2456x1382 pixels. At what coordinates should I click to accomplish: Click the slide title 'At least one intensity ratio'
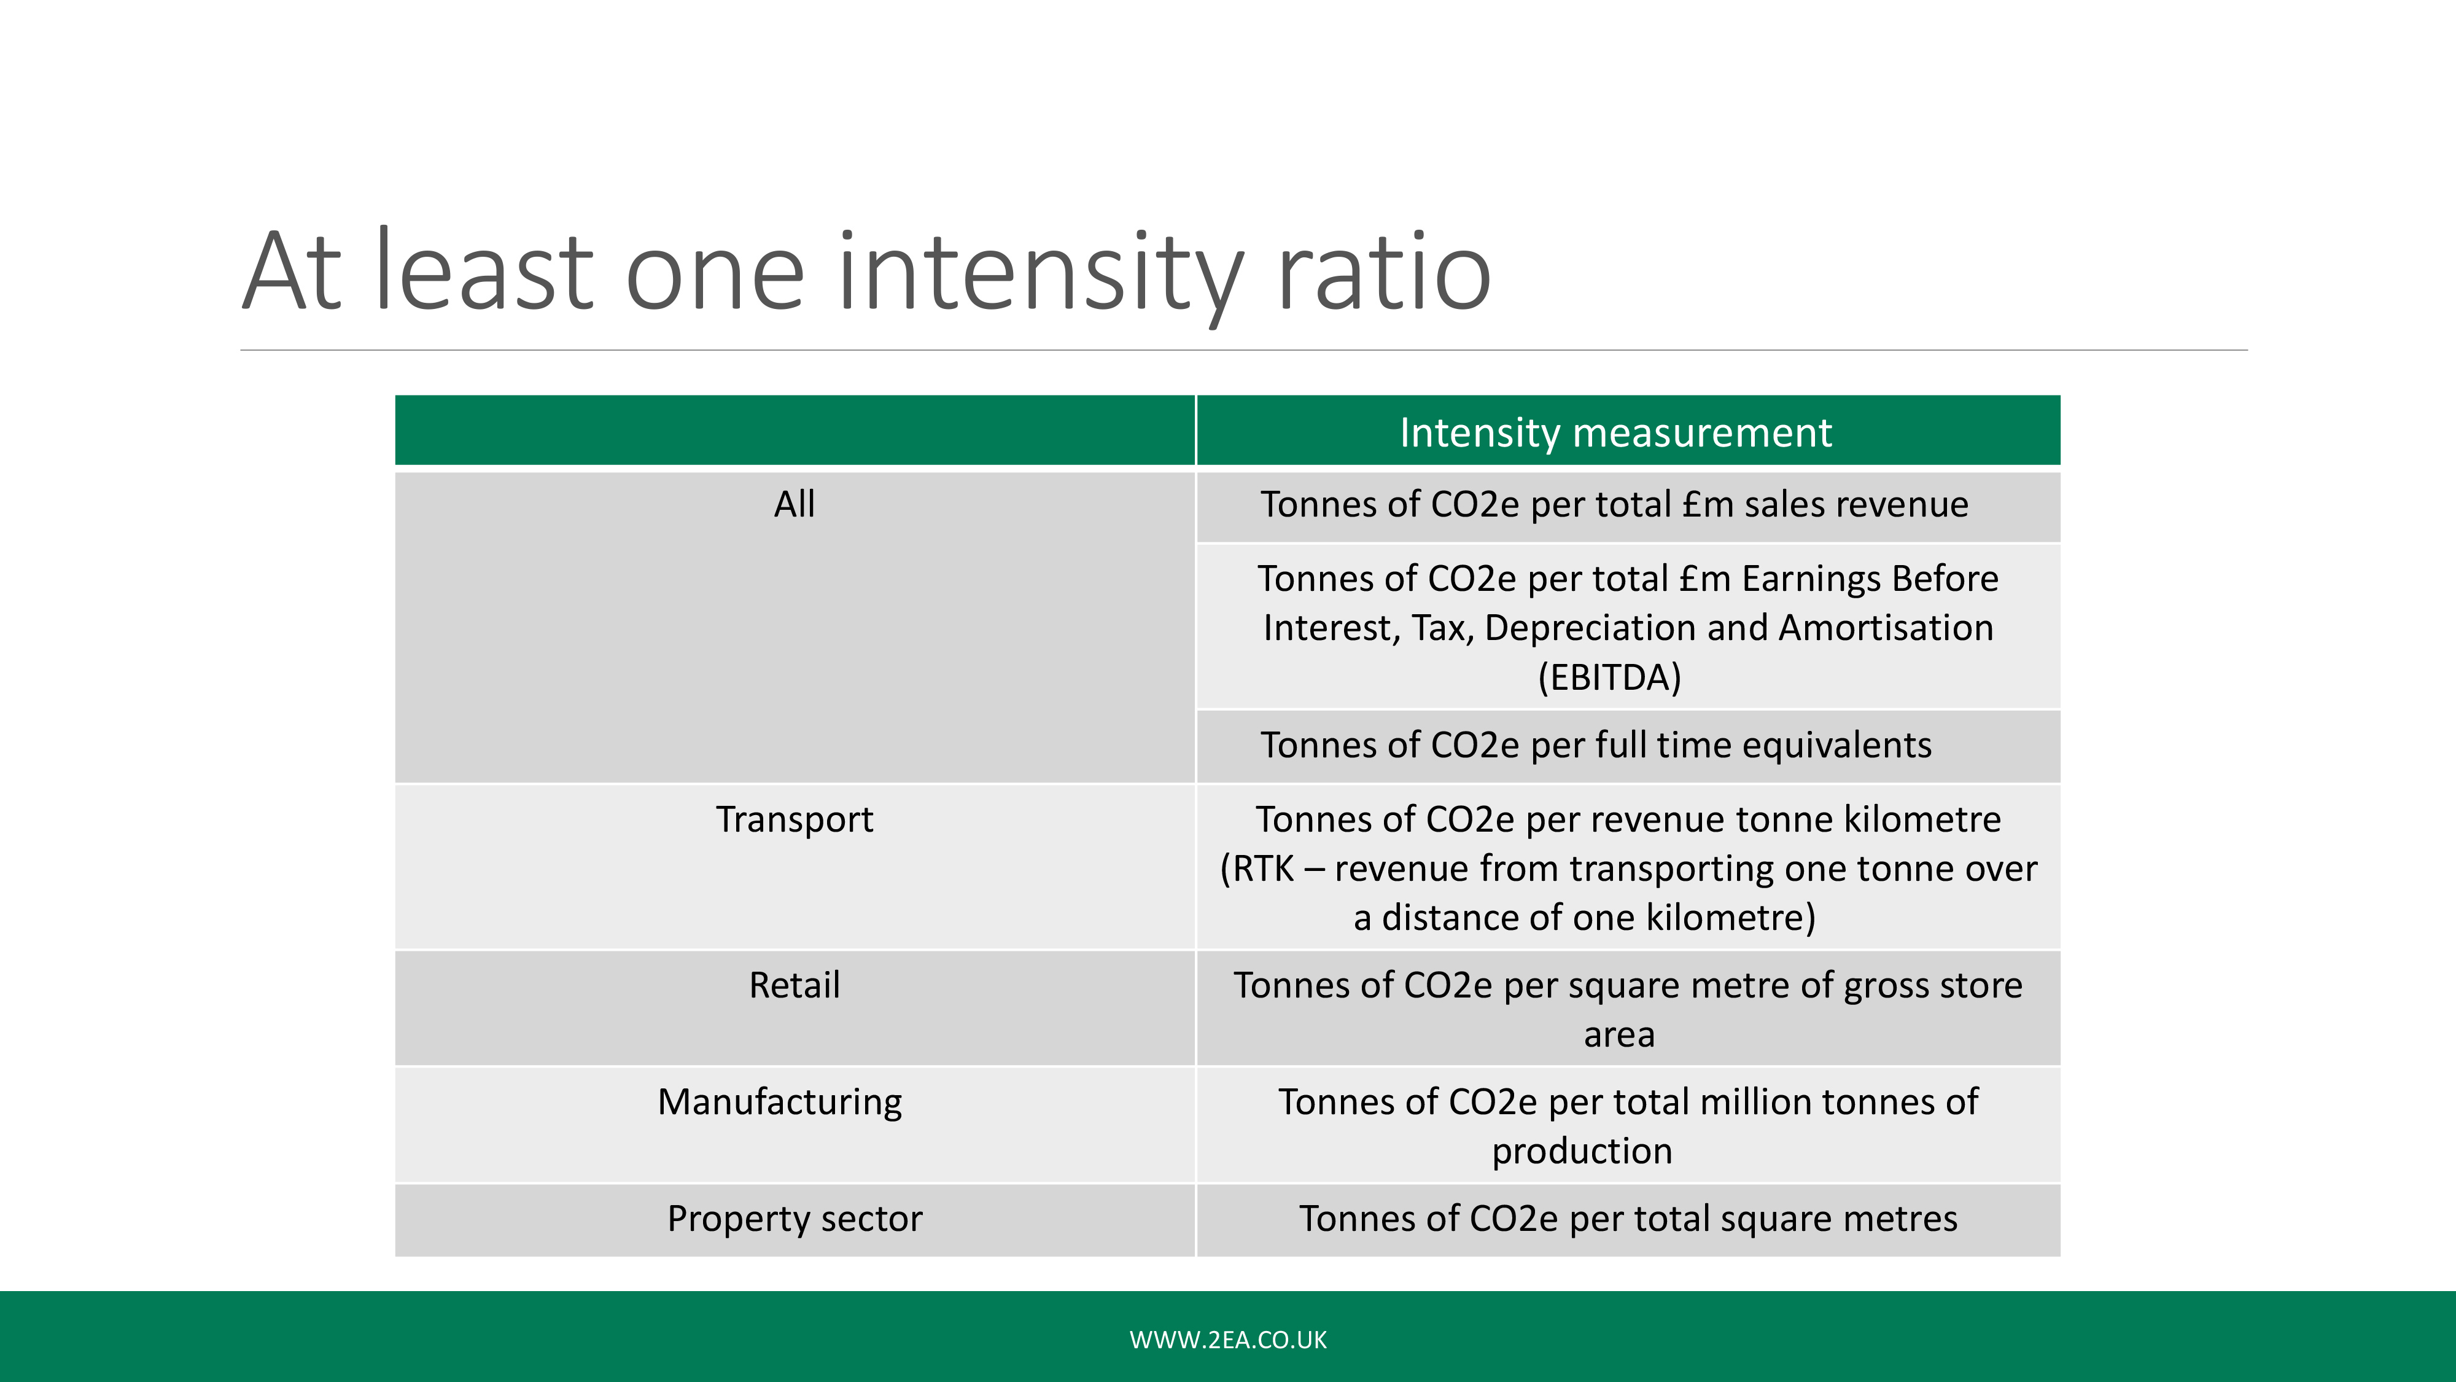(x=866, y=272)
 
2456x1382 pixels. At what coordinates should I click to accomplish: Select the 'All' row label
(x=794, y=504)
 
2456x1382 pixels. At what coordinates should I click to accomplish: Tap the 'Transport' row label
(x=794, y=819)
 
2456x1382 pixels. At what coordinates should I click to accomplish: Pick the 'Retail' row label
(x=794, y=985)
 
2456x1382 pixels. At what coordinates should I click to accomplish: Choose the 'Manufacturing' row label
(x=780, y=1103)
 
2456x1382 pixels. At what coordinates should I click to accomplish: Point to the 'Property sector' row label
(x=794, y=1219)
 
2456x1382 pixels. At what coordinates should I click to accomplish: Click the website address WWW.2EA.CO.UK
(x=1228, y=1340)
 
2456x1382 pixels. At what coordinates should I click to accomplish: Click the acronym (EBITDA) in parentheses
(x=1609, y=677)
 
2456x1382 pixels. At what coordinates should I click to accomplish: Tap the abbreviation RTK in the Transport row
(x=1264, y=869)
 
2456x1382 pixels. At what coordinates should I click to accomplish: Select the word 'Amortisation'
(x=1886, y=628)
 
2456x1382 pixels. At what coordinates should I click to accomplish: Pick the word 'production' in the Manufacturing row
(x=1582, y=1151)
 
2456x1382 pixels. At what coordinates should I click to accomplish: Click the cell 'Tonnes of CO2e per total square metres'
(x=1628, y=1219)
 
